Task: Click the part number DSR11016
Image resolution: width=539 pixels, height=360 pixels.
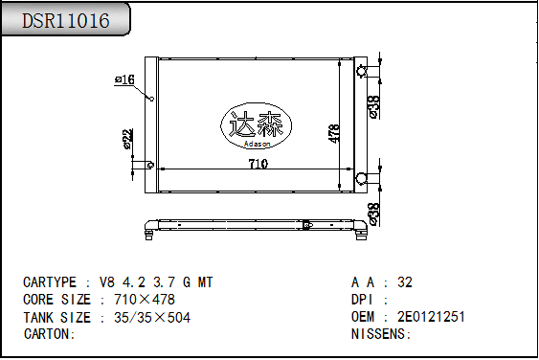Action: [65, 21]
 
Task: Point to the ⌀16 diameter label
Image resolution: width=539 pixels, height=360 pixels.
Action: [124, 79]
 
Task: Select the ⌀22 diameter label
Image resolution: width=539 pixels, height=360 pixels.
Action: [127, 140]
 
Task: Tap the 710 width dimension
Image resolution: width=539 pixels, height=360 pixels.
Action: [258, 164]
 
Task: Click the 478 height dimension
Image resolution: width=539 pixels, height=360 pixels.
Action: [334, 133]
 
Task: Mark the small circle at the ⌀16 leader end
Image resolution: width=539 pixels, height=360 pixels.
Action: [151, 99]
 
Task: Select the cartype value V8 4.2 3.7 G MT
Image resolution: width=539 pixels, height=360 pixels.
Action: [156, 282]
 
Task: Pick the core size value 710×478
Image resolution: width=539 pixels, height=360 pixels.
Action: [138, 300]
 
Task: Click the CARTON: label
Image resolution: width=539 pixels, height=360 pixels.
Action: [49, 334]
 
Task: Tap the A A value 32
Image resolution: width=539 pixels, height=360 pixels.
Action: [405, 282]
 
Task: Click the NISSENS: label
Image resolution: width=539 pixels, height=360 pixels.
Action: [381, 334]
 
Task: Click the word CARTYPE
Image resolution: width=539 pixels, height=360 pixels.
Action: [50, 282]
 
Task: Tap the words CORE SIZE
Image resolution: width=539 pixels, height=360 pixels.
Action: [56, 300]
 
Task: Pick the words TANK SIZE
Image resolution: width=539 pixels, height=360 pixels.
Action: [56, 317]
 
